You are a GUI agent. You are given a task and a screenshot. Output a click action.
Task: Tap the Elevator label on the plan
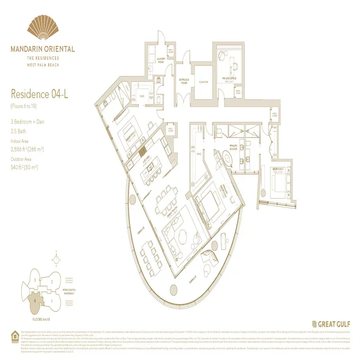pos(203,82)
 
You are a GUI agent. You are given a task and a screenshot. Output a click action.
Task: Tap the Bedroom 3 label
pos(278,170)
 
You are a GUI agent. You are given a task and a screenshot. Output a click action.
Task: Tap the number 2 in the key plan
pos(52,282)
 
